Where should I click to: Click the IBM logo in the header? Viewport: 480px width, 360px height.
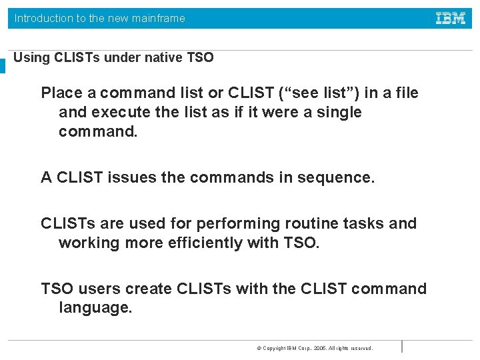click(451, 18)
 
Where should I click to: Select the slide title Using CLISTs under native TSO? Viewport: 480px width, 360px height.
click(113, 57)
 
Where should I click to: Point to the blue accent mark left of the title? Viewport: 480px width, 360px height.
click(3, 65)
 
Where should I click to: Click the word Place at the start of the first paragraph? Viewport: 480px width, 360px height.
click(61, 93)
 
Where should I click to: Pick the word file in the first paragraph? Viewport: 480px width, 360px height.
click(406, 93)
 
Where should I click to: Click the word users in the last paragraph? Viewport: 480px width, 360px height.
click(99, 289)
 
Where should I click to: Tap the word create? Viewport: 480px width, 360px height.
click(149, 289)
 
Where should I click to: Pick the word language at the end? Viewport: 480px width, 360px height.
click(95, 308)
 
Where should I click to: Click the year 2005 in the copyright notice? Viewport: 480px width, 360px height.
click(321, 349)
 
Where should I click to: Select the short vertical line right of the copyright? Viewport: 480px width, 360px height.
click(402, 346)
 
